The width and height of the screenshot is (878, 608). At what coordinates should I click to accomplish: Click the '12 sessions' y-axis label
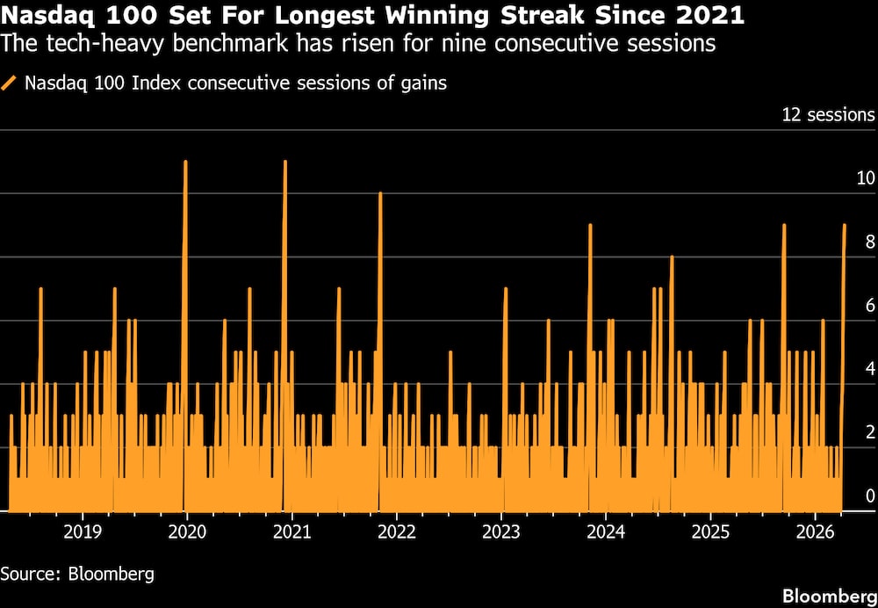tap(827, 115)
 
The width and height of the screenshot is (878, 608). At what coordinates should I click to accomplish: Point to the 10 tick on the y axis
tap(866, 178)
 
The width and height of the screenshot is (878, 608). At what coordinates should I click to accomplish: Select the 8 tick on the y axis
tap(870, 242)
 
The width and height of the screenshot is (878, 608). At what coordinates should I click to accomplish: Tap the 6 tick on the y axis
tap(870, 305)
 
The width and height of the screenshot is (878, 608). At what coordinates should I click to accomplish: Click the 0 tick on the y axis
tap(870, 496)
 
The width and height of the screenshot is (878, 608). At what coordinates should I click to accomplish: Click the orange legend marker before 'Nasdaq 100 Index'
tap(10, 83)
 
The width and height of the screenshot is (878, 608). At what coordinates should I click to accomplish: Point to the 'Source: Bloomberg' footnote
tap(77, 574)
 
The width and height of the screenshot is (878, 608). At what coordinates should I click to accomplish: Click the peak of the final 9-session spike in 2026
tap(845, 225)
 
